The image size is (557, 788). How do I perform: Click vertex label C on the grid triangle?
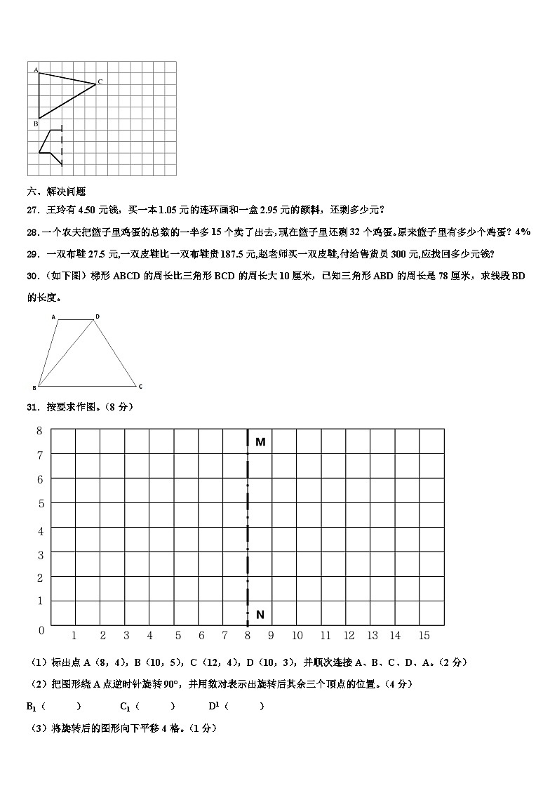pyautogui.click(x=100, y=82)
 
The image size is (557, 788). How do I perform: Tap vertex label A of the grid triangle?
pyautogui.click(x=36, y=69)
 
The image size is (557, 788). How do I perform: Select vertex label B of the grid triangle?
pyautogui.click(x=36, y=123)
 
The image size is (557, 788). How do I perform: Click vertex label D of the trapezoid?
pyautogui.click(x=98, y=317)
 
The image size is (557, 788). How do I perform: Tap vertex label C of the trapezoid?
pyautogui.click(x=140, y=387)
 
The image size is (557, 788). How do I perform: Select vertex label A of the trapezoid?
pyautogui.click(x=53, y=317)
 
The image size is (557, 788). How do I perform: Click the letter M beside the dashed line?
pyautogui.click(x=260, y=442)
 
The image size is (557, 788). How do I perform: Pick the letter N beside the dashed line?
pyautogui.click(x=260, y=615)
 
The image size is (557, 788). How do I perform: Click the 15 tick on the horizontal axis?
pyautogui.click(x=424, y=636)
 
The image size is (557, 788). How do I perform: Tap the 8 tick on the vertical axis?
pyautogui.click(x=40, y=430)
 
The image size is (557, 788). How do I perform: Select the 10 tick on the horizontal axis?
pyautogui.click(x=297, y=636)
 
